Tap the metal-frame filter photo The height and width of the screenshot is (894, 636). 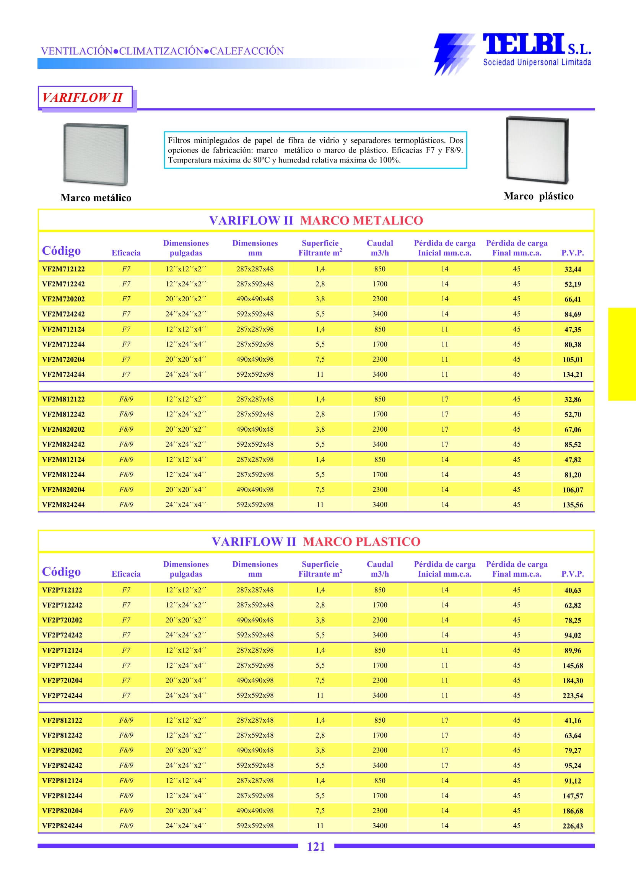click(x=96, y=154)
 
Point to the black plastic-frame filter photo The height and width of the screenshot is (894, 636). click(x=537, y=150)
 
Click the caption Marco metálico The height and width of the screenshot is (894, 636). click(x=96, y=198)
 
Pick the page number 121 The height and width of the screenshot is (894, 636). click(x=316, y=847)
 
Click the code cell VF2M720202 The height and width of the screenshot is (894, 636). click(x=63, y=299)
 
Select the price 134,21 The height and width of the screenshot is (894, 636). click(x=573, y=375)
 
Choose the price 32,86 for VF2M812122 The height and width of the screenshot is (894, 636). click(x=573, y=400)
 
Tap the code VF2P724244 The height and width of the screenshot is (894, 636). click(x=62, y=696)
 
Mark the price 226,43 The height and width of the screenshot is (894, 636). click(x=573, y=826)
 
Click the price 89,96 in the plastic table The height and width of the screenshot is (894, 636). click(x=573, y=650)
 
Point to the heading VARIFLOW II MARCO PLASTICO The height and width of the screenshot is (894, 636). click(x=316, y=541)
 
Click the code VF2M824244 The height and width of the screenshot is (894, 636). click(x=63, y=505)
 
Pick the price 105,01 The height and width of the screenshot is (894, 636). click(x=573, y=359)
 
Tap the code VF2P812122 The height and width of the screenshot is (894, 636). click(x=62, y=720)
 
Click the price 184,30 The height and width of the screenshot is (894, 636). click(x=573, y=681)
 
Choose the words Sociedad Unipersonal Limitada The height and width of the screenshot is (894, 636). click(x=537, y=62)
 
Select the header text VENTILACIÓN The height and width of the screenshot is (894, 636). click(x=77, y=51)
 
